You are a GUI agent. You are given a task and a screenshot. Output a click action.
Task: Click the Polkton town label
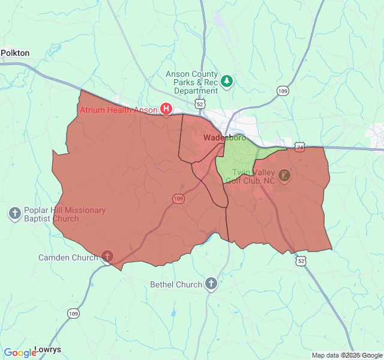point(15,53)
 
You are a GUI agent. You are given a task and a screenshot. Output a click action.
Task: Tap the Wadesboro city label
point(224,138)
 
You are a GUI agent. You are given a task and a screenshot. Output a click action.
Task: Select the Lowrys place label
point(47,349)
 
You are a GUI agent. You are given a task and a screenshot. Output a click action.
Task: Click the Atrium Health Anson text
point(119,110)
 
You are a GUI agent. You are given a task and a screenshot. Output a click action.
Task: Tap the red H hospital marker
point(166,109)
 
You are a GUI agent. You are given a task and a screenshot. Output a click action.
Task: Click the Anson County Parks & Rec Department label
point(192,82)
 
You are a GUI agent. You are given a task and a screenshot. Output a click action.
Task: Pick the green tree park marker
point(227,80)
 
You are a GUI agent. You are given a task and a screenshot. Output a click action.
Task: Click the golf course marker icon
point(284,176)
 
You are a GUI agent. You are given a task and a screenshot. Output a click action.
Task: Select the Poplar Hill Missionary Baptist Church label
point(64,214)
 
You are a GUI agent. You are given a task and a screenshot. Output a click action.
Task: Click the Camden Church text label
point(68,257)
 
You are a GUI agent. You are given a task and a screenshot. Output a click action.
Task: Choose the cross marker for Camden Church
point(107,257)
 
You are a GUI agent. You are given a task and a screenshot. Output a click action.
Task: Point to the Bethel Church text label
point(176,284)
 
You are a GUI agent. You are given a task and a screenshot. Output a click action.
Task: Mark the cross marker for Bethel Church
point(211,284)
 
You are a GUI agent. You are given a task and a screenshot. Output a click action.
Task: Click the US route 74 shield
point(299,146)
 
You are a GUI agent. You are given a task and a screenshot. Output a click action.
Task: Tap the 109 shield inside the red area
point(178,199)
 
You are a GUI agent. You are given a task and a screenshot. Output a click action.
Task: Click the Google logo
point(20,353)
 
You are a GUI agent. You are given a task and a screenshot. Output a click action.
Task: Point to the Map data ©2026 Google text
point(346,355)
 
